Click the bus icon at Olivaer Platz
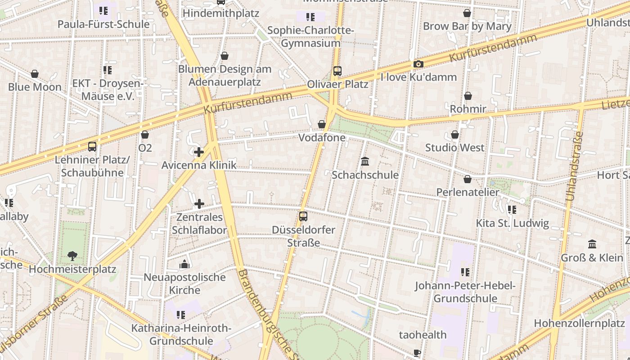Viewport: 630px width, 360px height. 337,71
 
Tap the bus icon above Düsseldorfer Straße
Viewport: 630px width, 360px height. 303,216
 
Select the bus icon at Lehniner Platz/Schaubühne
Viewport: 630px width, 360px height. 92,147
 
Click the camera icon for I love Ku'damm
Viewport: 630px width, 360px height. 418,64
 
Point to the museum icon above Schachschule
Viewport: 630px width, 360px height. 365,161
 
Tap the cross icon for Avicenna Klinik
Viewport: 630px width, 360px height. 199,152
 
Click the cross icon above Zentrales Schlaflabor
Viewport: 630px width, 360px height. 199,204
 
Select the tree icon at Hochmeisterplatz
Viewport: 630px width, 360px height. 72,256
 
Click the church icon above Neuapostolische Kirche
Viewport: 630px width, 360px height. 184,264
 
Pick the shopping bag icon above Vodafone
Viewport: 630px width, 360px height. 322,124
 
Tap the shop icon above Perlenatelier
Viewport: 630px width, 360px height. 468,179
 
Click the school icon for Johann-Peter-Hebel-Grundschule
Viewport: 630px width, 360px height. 465,272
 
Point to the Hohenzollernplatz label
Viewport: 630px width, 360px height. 579,323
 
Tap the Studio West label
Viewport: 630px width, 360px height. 454,148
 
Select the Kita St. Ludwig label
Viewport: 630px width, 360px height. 512,223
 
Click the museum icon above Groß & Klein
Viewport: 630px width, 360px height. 592,244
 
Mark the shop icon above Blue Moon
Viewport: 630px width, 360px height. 35,74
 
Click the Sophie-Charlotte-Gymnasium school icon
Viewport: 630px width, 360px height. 310,17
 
